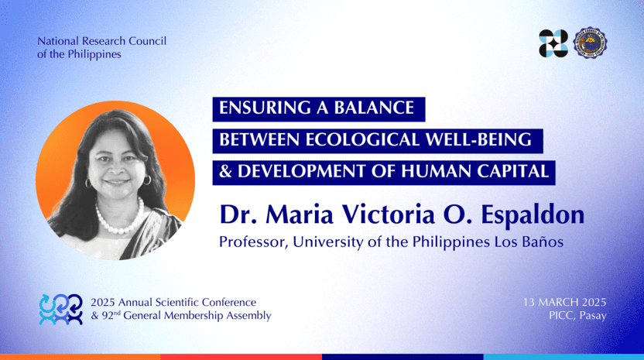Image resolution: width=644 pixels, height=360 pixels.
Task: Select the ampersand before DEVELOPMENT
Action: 225,171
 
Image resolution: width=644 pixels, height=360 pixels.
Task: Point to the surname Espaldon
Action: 533,215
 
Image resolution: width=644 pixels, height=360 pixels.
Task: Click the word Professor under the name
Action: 253,242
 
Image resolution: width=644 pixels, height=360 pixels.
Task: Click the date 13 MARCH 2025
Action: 564,302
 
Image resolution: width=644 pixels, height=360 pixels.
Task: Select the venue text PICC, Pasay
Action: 577,316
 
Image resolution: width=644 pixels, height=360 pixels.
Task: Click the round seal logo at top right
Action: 590,43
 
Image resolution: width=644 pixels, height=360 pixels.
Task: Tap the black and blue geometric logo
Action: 553,43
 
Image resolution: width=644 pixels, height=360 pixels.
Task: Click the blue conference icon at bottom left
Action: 61,310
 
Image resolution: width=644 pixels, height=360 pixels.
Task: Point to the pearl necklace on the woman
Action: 119,218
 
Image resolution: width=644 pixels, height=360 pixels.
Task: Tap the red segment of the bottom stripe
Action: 241,357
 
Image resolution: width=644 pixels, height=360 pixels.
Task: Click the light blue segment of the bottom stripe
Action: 563,357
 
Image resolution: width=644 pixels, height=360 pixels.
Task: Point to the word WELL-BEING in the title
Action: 478,139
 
